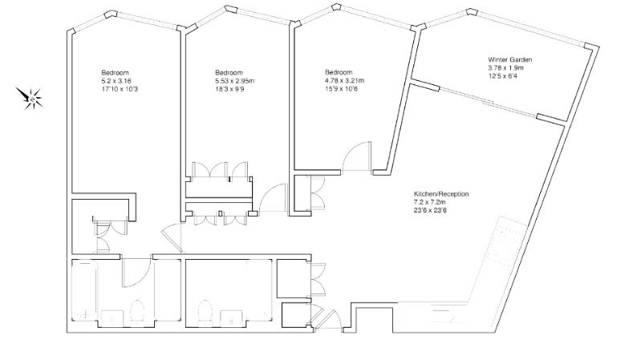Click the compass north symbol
click(x=33, y=99)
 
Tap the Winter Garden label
click(x=510, y=60)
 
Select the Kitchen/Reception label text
click(x=440, y=195)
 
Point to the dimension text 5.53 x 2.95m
click(x=235, y=81)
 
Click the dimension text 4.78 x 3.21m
click(x=344, y=80)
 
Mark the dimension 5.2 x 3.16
click(x=117, y=81)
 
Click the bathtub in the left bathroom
click(x=85, y=289)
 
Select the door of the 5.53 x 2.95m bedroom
click(x=275, y=198)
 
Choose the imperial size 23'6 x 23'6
click(x=429, y=211)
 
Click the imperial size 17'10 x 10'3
click(x=119, y=89)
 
